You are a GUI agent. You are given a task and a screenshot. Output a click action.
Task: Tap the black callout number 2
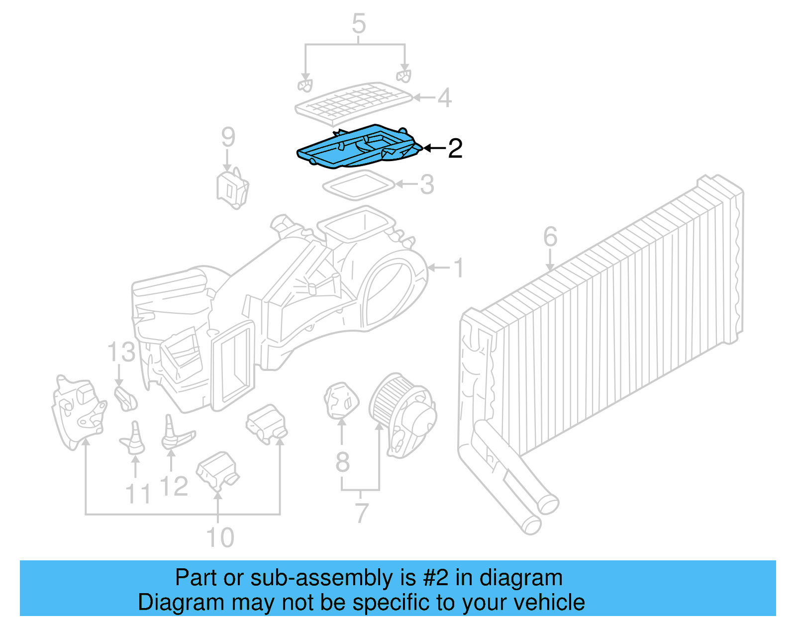(455, 148)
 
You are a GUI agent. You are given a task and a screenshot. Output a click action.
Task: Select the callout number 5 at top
(359, 24)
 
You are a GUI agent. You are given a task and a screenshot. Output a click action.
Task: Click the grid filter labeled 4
(353, 102)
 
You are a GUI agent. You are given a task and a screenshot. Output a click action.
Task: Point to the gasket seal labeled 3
(358, 185)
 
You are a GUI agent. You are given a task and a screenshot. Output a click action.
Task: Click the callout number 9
(228, 137)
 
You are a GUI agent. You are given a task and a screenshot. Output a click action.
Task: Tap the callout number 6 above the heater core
(550, 237)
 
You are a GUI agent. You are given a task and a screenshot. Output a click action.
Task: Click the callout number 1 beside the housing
(459, 268)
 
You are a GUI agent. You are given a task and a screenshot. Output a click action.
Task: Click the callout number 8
(342, 462)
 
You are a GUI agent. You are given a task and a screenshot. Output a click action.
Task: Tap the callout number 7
(362, 512)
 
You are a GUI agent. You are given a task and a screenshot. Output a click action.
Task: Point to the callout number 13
(121, 352)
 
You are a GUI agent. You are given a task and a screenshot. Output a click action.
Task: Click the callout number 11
(138, 494)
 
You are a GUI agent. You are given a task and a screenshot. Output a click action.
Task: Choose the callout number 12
(174, 486)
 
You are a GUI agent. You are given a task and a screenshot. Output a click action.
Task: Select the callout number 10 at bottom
(220, 537)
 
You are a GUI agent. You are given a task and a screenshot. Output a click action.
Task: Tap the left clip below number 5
(305, 85)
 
